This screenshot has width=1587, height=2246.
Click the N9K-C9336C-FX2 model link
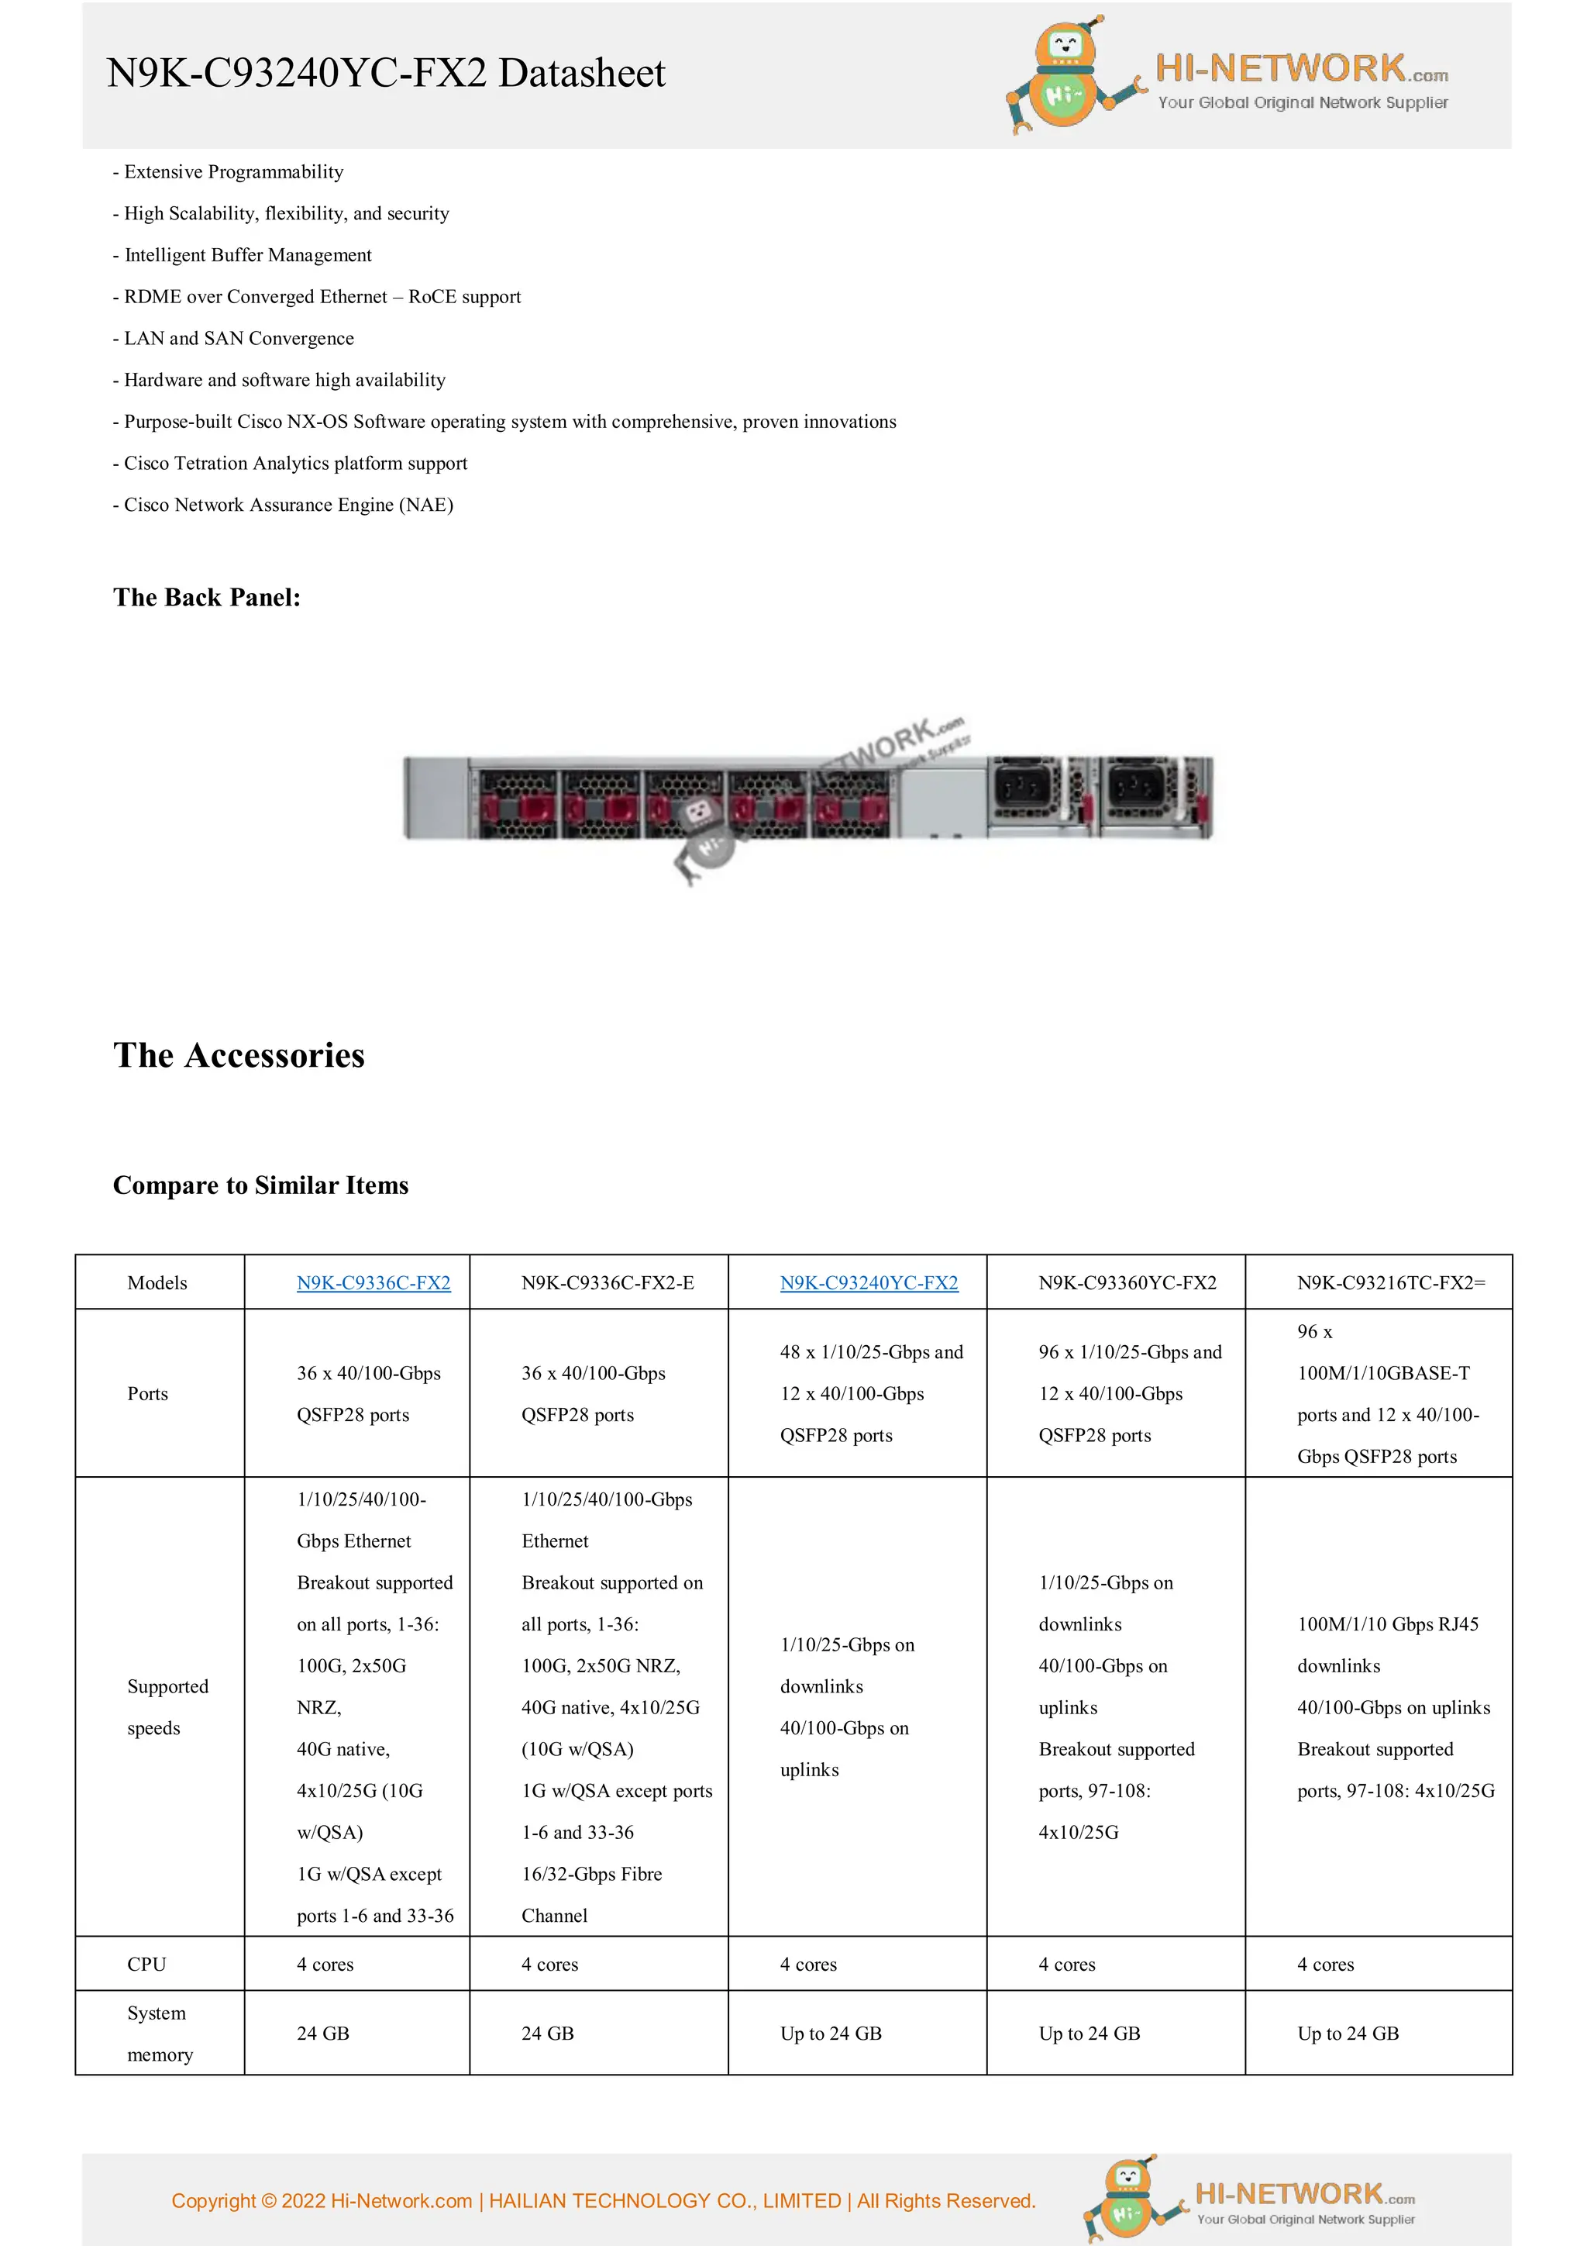point(374,1282)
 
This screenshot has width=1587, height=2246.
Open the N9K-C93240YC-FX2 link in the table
point(869,1282)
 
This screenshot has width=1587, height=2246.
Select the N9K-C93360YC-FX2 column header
point(1127,1282)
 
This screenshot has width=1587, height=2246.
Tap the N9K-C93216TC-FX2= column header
point(1390,1282)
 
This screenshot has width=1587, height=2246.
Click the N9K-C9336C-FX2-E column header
point(608,1282)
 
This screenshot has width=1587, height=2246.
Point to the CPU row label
point(146,1965)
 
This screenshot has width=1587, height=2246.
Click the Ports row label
point(148,1393)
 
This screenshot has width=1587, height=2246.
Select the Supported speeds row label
point(167,1707)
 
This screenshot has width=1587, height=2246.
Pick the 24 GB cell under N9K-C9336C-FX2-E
point(548,2034)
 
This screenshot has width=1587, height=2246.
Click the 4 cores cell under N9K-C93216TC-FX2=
point(1325,1965)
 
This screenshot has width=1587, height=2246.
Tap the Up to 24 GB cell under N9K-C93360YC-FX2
point(1090,2034)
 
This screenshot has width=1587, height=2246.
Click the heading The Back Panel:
point(206,598)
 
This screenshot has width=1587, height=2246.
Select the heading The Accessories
point(239,1055)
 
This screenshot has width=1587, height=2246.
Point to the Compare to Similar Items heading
point(260,1185)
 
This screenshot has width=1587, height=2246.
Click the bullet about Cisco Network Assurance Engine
point(284,505)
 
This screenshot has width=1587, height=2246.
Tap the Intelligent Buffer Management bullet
point(243,255)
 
